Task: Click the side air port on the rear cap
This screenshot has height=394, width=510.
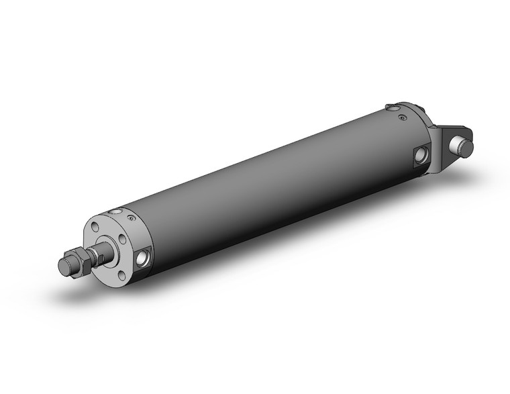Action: (419, 156)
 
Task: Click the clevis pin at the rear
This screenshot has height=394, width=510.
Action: (460, 144)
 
